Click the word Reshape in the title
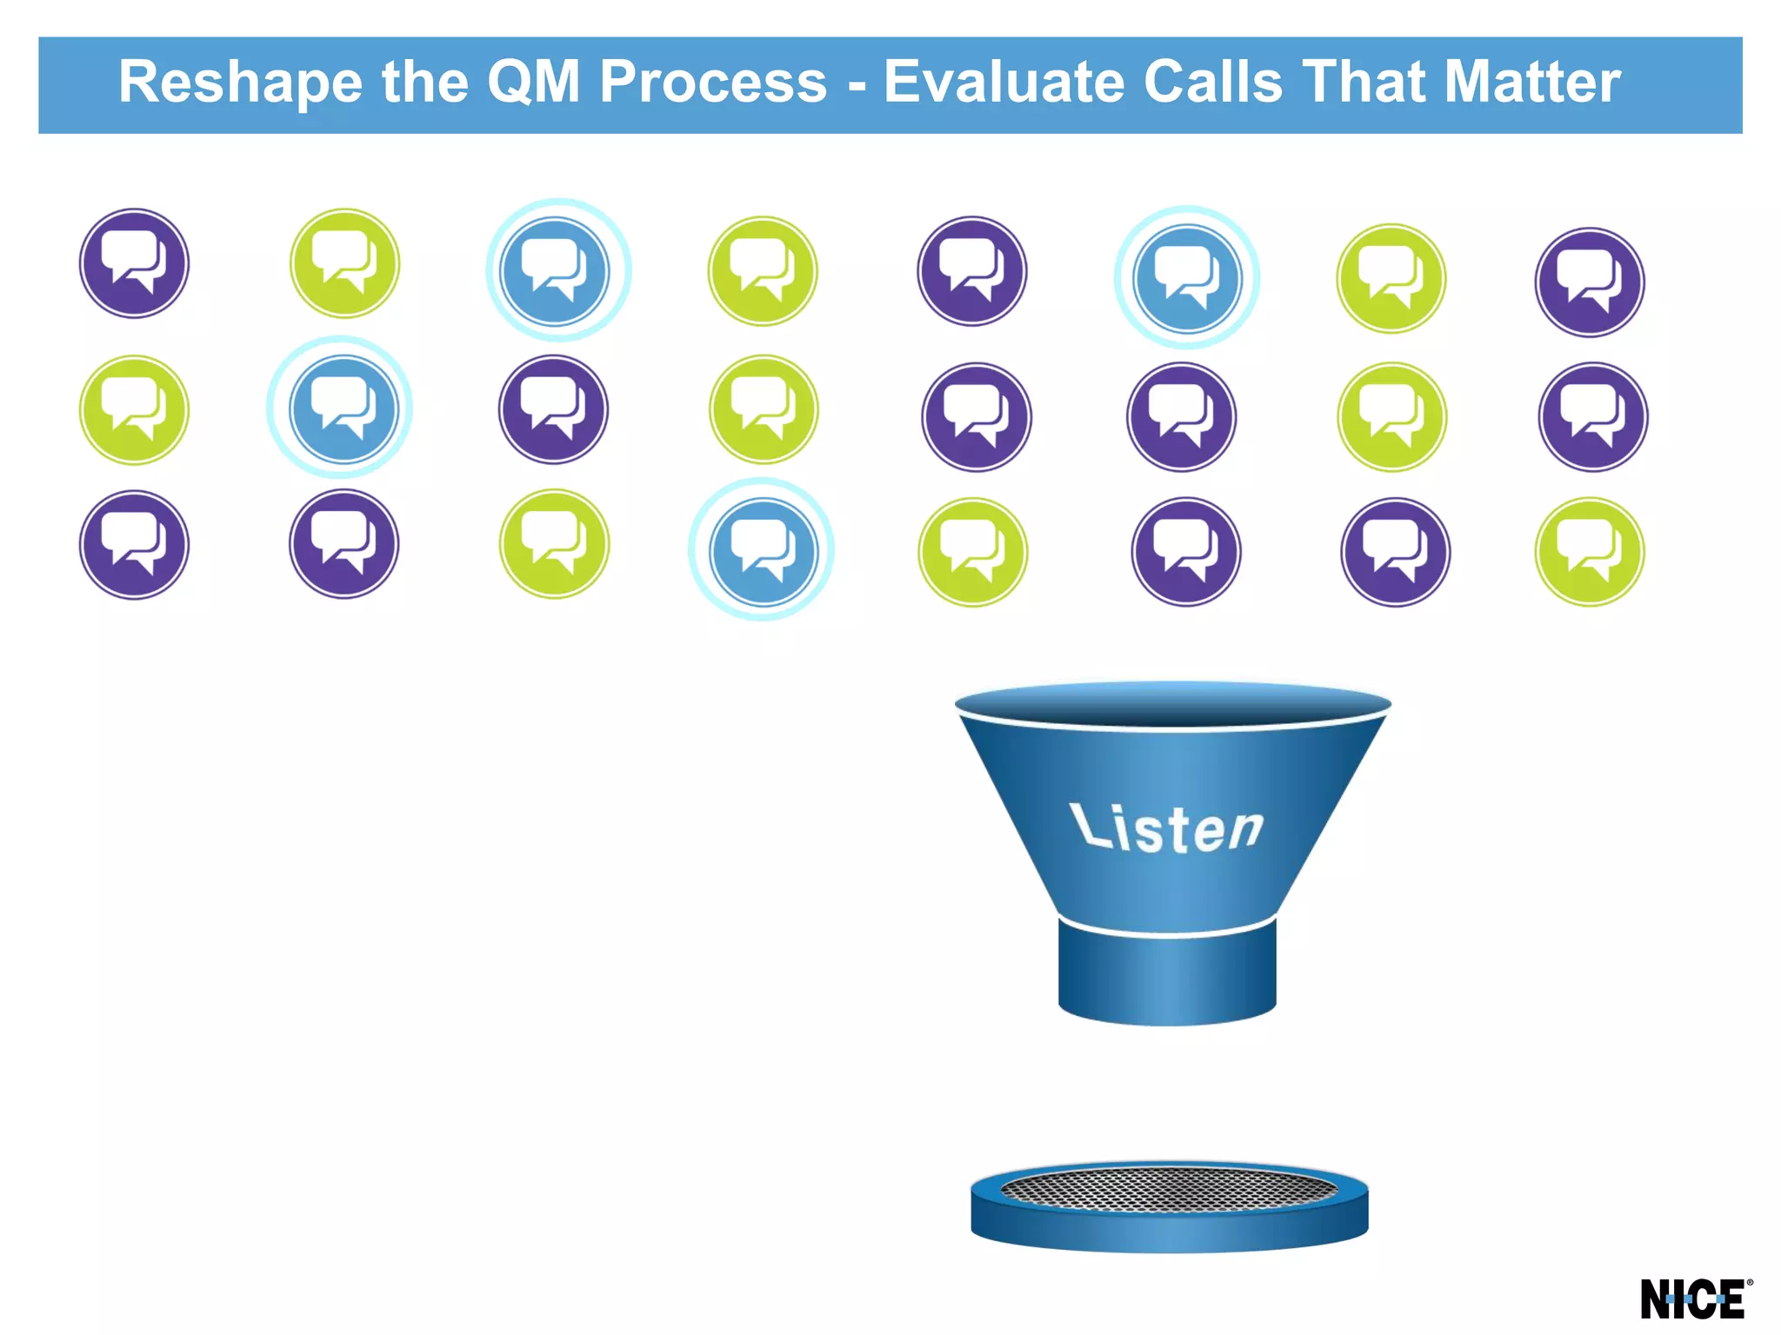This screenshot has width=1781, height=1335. (240, 83)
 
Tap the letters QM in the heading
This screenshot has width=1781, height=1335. (533, 83)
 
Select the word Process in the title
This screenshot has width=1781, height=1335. (713, 83)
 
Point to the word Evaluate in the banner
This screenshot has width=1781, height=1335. (1004, 83)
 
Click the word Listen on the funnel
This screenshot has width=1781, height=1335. (1165, 827)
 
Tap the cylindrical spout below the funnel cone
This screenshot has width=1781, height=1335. (1167, 973)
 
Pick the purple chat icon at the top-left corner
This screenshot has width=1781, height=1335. (134, 262)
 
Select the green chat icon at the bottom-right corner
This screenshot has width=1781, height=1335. (1589, 551)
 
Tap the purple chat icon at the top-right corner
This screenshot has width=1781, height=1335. (1589, 282)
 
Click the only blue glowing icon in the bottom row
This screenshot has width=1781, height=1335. (762, 550)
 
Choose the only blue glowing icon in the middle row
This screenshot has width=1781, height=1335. (343, 408)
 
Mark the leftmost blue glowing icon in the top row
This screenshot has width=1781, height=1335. (557, 270)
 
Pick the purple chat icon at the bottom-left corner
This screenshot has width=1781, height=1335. (134, 544)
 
